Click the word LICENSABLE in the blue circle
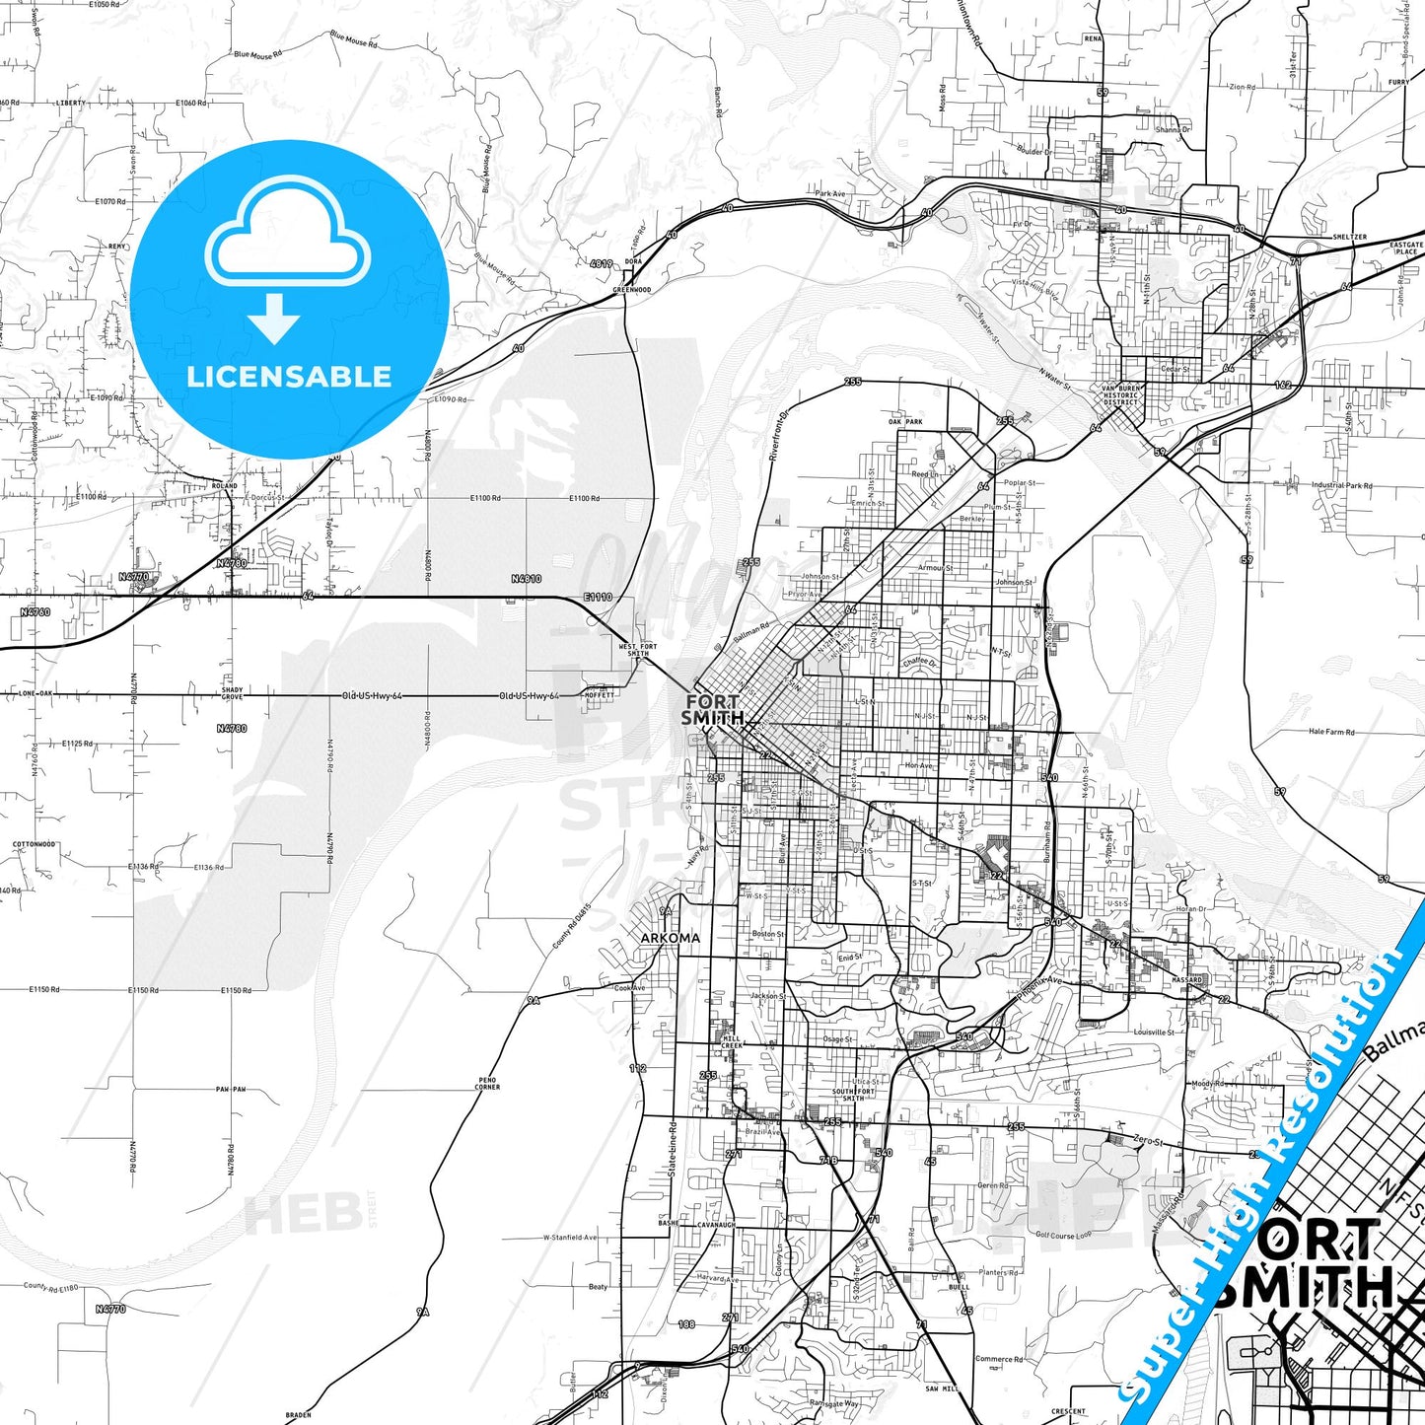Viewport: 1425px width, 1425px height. (289, 376)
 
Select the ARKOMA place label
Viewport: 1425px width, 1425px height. (671, 937)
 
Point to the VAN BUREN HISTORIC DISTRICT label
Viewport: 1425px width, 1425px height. (1120, 395)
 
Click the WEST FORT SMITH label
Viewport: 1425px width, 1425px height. (637, 650)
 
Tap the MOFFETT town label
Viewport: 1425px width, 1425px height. (599, 695)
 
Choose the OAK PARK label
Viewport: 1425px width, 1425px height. (905, 422)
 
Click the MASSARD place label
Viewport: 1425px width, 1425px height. (1186, 980)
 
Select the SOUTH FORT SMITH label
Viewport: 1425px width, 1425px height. (853, 1095)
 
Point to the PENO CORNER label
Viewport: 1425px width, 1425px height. (487, 1084)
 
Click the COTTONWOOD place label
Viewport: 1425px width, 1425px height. (34, 844)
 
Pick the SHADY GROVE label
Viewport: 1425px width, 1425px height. (232, 693)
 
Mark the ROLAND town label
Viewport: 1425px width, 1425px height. (225, 486)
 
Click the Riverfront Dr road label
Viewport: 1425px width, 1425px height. (780, 436)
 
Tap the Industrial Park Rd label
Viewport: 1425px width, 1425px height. (1341, 485)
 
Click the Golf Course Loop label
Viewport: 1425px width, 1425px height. (1063, 1235)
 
